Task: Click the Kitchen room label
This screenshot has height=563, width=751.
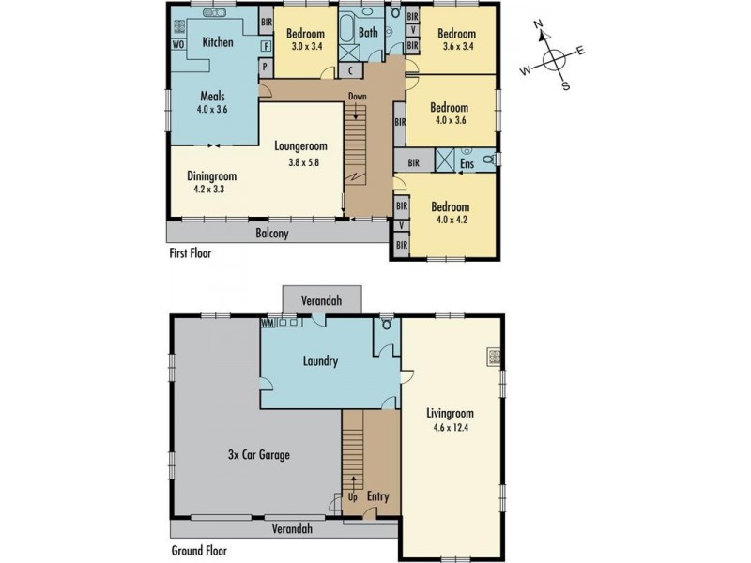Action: (218, 42)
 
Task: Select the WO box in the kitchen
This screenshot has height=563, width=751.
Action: (176, 44)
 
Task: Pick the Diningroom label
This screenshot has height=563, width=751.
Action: (211, 175)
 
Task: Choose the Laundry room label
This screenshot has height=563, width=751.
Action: (320, 359)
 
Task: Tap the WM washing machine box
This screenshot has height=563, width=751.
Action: (268, 322)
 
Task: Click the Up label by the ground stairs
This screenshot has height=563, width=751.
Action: (353, 496)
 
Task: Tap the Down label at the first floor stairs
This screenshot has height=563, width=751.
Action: (357, 97)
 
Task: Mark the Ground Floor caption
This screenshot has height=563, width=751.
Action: (198, 551)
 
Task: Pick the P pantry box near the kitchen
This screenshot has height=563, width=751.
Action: (265, 67)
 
